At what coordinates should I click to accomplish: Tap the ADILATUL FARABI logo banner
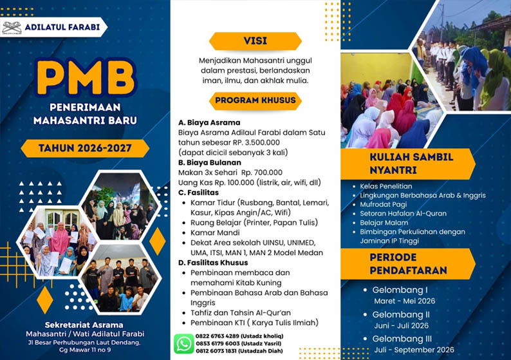tap(54, 27)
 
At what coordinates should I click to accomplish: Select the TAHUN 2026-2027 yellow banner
tap(85, 148)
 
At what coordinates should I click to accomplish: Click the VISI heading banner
tap(255, 41)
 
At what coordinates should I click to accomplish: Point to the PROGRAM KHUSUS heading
tap(255, 100)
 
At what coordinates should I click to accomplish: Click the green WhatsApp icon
tap(184, 343)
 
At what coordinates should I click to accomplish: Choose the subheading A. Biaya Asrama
tap(209, 122)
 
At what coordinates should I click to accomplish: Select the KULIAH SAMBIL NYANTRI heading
tap(411, 163)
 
